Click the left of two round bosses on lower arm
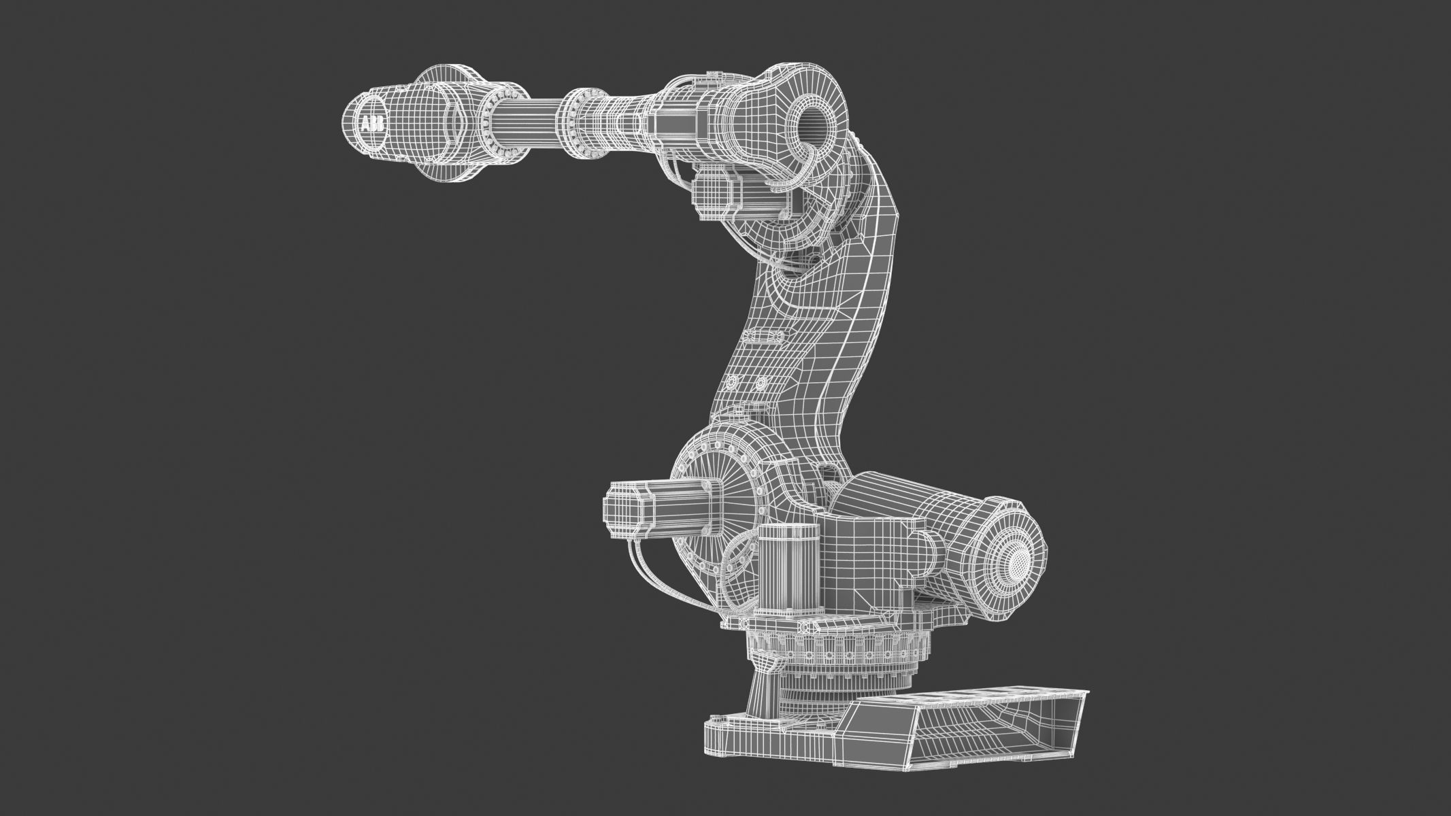point(733,381)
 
